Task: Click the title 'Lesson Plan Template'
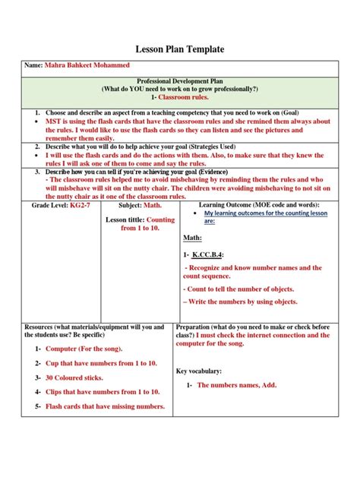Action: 179,49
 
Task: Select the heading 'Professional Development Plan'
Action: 179,80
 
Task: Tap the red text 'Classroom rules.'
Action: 183,98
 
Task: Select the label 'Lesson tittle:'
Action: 124,220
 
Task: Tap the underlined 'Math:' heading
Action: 192,238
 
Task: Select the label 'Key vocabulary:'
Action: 199,371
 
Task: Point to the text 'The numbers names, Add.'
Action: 237,385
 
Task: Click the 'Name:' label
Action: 33,67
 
